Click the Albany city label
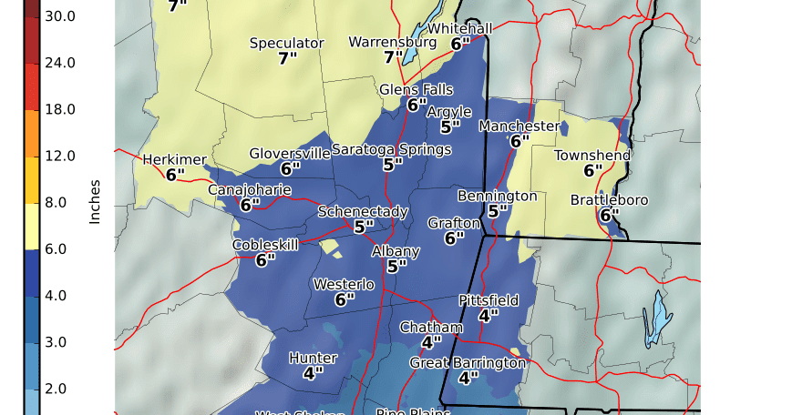[396, 251]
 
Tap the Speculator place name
[286, 44]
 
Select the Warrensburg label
[393, 43]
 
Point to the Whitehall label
[460, 28]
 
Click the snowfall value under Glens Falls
[417, 106]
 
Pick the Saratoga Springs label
[392, 149]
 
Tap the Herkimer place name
[175, 160]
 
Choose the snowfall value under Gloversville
[290, 168]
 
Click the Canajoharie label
[250, 190]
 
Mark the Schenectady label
[363, 212]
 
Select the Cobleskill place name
[265, 245]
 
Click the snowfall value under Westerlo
[344, 299]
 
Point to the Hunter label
[313, 358]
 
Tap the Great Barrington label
[468, 363]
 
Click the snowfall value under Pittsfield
[489, 316]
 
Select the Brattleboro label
[609, 200]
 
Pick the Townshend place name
[592, 156]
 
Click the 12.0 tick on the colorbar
[60, 156]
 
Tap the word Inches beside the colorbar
[95, 201]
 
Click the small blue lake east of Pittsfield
[653, 319]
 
